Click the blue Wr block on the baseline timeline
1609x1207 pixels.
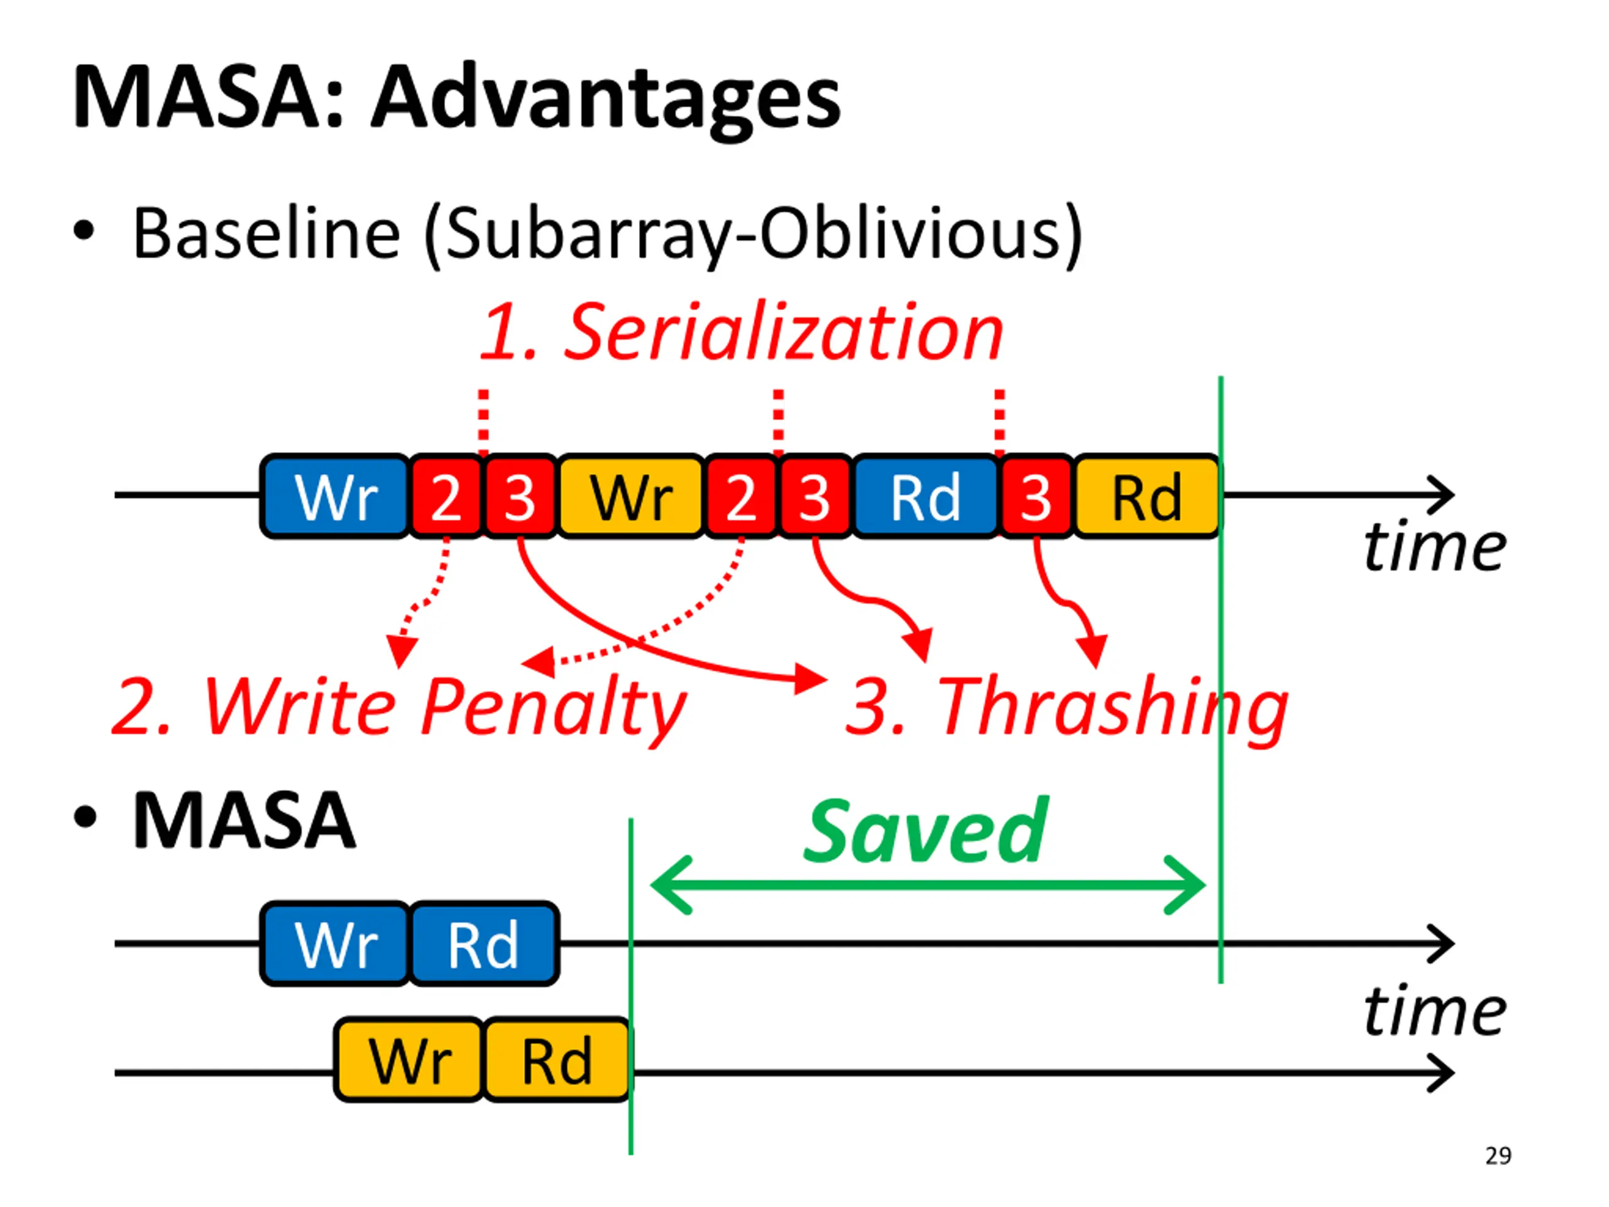[x=336, y=496]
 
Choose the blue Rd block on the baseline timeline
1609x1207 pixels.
[x=925, y=496]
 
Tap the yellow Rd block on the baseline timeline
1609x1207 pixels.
[x=1147, y=496]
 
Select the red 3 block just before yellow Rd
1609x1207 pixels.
[x=1036, y=496]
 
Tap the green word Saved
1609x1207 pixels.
[x=925, y=831]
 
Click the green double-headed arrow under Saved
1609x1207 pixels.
[x=928, y=885]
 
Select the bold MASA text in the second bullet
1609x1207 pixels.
[x=244, y=820]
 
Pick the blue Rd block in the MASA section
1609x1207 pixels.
[x=484, y=944]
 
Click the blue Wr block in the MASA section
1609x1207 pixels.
[x=336, y=944]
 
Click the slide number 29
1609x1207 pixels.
[x=1498, y=1156]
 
